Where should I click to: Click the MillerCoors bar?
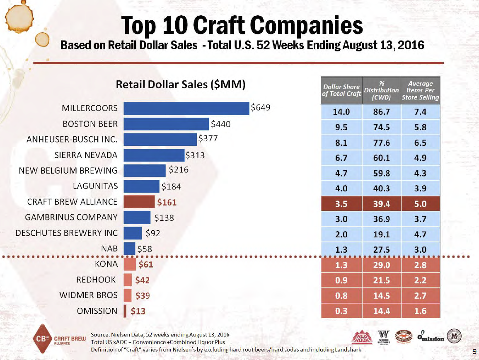point(186,108)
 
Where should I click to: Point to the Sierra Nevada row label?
point(86,155)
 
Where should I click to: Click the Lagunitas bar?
point(142,186)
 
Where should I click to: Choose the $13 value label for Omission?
point(138,311)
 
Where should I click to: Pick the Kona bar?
point(130,264)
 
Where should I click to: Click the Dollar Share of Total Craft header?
point(341,90)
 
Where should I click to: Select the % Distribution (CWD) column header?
point(381,90)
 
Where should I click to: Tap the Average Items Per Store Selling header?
point(420,90)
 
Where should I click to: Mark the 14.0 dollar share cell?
point(341,112)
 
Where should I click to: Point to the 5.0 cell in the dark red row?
point(420,204)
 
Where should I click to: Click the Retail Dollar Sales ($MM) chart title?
point(181,85)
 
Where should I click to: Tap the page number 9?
point(473,351)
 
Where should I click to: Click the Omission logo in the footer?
point(431,337)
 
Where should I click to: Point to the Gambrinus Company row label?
point(71,217)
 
